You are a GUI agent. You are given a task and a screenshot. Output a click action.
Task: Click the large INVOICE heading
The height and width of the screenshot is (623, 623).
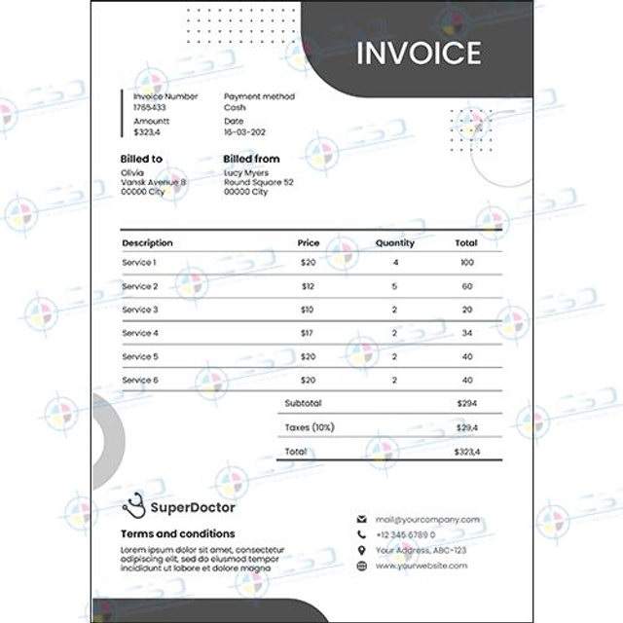pyautogui.click(x=419, y=53)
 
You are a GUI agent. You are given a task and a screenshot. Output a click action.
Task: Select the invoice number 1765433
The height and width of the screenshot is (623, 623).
pyautogui.click(x=149, y=108)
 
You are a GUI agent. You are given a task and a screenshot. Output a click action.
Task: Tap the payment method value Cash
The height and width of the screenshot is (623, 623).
pyautogui.click(x=235, y=108)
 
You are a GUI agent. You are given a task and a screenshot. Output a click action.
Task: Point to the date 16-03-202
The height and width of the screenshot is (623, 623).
pyautogui.click(x=244, y=131)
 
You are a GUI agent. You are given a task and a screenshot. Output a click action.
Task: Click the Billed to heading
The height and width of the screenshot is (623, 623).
pyautogui.click(x=141, y=159)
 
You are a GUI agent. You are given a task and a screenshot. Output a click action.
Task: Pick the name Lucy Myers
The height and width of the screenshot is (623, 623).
pyautogui.click(x=246, y=172)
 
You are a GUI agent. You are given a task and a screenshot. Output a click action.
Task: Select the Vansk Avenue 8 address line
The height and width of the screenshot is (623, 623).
pyautogui.click(x=153, y=182)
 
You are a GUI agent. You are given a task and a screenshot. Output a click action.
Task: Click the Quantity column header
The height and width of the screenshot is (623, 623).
pyautogui.click(x=394, y=242)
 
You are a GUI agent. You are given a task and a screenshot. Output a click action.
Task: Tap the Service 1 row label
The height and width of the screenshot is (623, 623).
pyautogui.click(x=139, y=263)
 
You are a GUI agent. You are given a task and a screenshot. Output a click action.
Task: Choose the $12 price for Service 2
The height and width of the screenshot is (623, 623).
pyautogui.click(x=308, y=286)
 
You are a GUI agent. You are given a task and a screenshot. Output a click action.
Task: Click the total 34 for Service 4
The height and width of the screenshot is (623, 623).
pyautogui.click(x=467, y=334)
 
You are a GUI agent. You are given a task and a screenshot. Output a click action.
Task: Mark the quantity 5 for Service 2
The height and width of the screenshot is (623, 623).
pyautogui.click(x=394, y=286)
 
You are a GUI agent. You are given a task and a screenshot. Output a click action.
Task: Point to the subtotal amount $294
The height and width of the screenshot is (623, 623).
pyautogui.click(x=467, y=403)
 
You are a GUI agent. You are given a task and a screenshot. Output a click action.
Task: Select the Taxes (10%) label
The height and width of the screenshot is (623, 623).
pyautogui.click(x=309, y=427)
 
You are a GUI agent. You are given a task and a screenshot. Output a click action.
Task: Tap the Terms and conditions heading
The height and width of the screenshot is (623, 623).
pyautogui.click(x=177, y=533)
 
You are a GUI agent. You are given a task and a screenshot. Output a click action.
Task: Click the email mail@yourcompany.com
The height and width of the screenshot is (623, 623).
pyautogui.click(x=427, y=520)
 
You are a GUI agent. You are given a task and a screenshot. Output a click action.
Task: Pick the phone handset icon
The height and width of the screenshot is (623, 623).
pyautogui.click(x=362, y=534)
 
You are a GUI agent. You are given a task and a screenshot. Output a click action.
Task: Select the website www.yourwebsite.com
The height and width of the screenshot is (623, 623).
pyautogui.click(x=421, y=566)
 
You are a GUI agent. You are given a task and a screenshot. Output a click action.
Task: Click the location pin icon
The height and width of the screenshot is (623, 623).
pyautogui.click(x=362, y=550)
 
